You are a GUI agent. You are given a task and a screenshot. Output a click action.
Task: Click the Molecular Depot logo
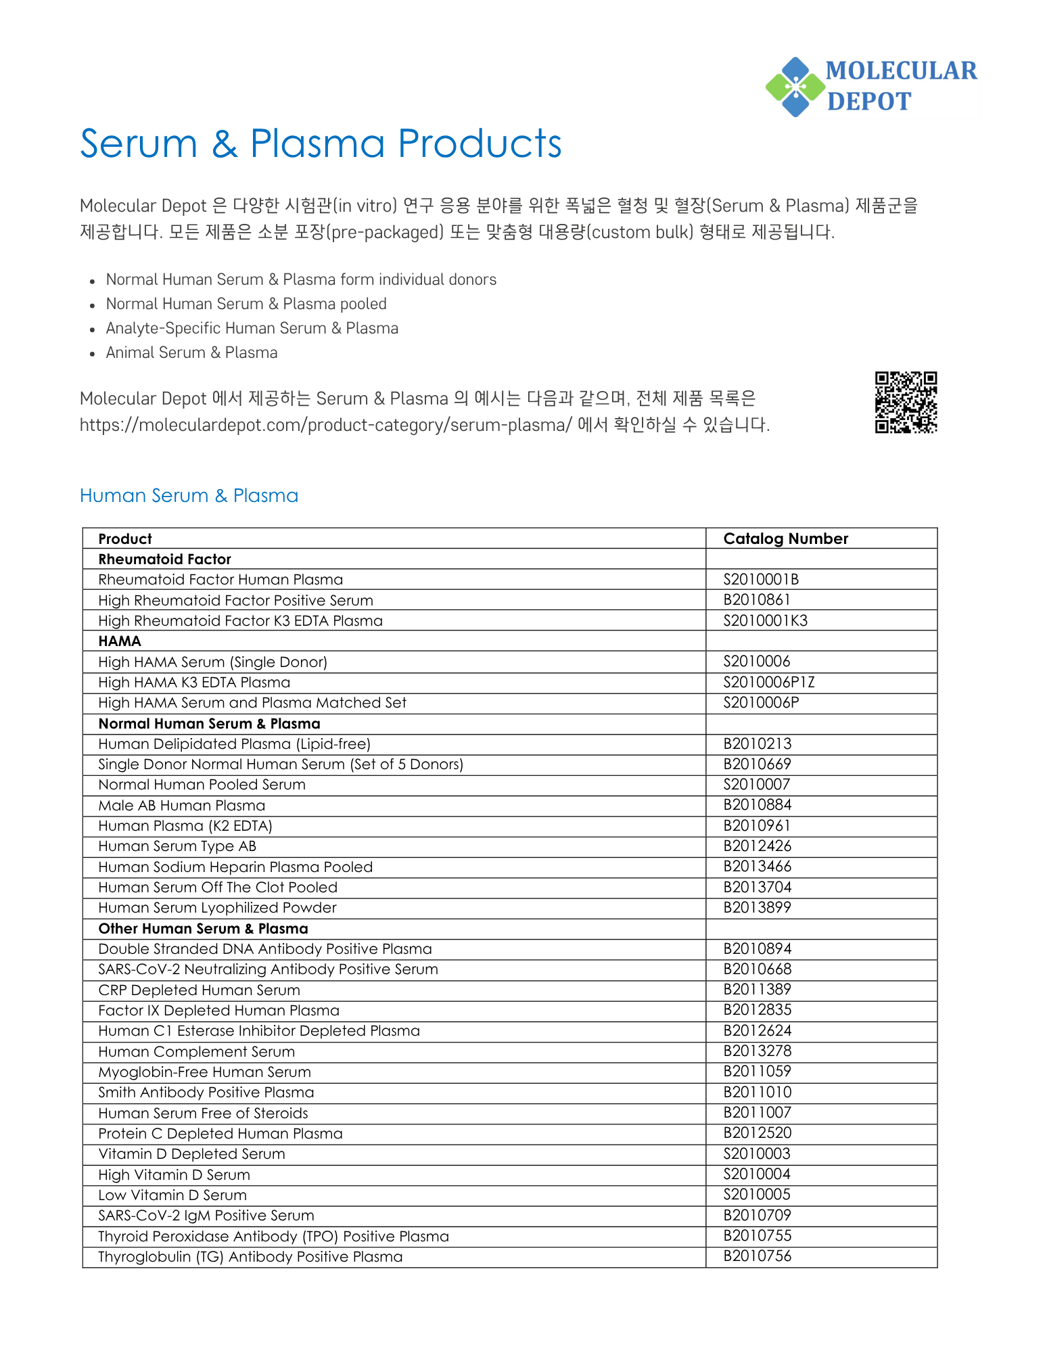click(x=871, y=87)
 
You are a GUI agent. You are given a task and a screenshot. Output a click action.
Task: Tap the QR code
click(x=906, y=402)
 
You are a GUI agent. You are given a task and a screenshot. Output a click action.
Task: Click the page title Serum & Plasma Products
click(x=321, y=143)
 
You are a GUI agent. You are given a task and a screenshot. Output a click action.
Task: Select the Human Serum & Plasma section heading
click(x=189, y=496)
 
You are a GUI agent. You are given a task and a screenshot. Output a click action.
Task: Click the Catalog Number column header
click(x=785, y=538)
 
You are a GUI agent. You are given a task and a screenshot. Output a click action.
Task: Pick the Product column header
click(x=125, y=538)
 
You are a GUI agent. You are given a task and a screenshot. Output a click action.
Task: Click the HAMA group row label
click(x=120, y=641)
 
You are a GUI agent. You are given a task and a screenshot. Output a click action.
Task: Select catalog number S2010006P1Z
click(x=769, y=682)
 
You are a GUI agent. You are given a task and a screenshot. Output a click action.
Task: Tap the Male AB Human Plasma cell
click(x=181, y=805)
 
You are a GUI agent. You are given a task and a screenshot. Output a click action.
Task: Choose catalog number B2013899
click(x=757, y=907)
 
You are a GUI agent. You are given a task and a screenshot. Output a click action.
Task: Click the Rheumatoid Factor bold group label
click(x=164, y=559)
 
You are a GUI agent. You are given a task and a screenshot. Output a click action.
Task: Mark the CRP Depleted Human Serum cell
click(x=199, y=990)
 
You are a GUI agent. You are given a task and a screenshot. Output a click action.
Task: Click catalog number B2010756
click(x=757, y=1256)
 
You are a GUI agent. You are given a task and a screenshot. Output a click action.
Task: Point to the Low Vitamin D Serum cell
click(x=172, y=1195)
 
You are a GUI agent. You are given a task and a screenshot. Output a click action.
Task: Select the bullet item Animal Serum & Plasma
click(x=191, y=352)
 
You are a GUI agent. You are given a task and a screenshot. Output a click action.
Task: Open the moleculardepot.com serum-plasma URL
click(x=325, y=425)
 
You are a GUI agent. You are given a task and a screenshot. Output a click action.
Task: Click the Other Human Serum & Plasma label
click(x=203, y=928)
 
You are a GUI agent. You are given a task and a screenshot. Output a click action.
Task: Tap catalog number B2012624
click(x=757, y=1030)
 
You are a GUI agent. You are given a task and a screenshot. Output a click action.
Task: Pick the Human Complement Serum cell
click(x=196, y=1051)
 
